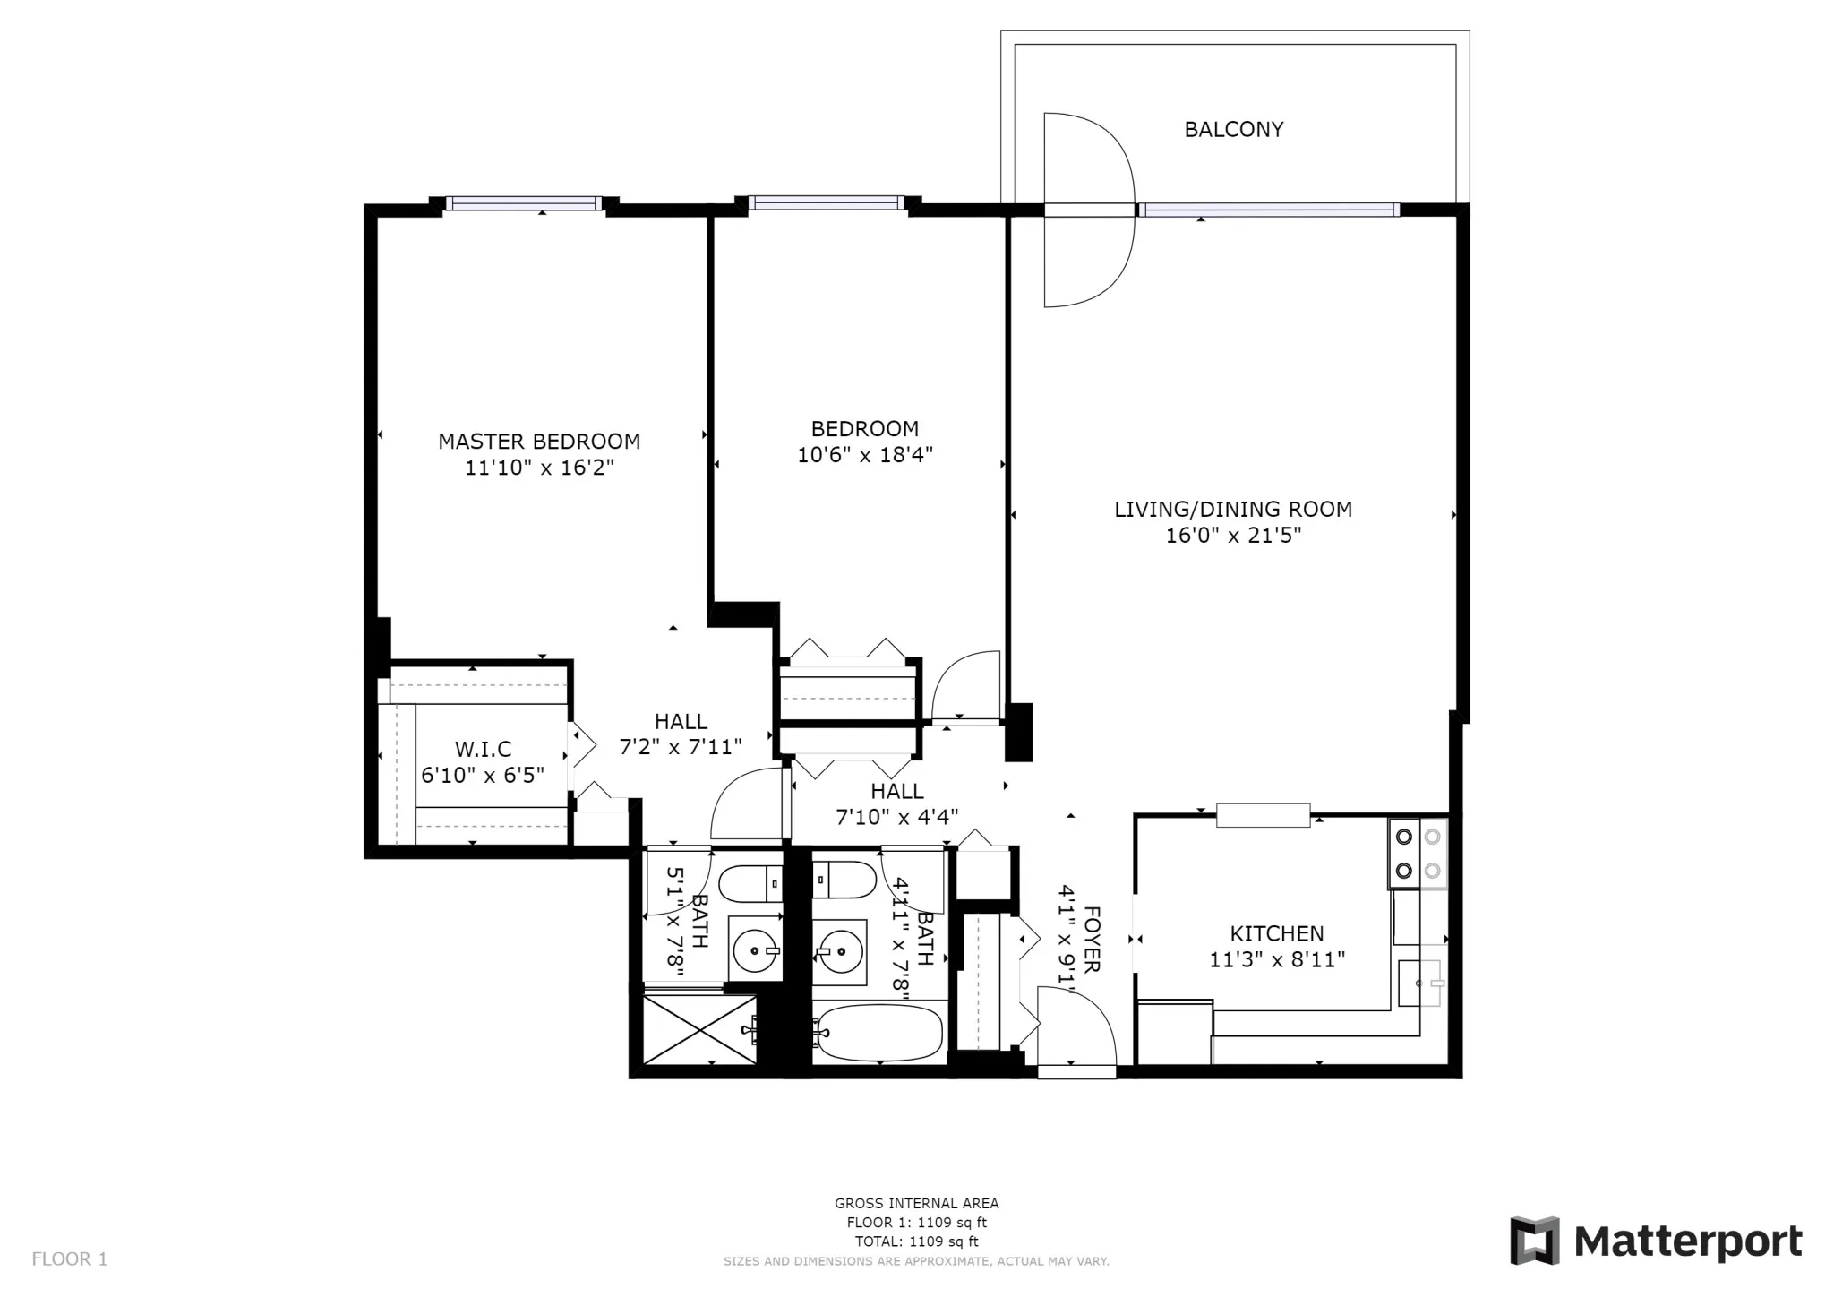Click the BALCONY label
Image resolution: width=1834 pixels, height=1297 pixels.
point(1233,130)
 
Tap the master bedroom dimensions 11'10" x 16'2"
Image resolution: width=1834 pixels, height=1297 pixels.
point(539,468)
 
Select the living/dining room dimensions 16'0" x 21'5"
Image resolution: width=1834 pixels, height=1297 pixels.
point(1232,536)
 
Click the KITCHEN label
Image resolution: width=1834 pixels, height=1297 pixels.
point(1276,933)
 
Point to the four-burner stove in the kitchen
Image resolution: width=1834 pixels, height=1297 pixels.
point(1418,853)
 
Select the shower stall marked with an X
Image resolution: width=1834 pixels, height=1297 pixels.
point(700,1030)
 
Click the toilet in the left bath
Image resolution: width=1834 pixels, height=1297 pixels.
point(751,883)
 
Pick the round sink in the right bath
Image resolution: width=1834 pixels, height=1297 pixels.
point(840,951)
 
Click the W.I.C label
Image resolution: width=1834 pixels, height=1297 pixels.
point(483,749)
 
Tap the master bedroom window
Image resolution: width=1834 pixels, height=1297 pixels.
point(524,203)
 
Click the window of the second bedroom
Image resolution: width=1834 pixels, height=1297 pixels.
point(826,203)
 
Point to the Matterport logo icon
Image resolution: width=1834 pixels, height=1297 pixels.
point(1534,1241)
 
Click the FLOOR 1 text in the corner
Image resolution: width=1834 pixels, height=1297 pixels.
point(70,1259)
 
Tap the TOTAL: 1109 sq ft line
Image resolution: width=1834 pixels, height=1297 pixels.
point(916,1241)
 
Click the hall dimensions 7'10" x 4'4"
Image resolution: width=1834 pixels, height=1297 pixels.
point(896,817)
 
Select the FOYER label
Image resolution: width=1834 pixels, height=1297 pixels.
point(1092,939)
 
